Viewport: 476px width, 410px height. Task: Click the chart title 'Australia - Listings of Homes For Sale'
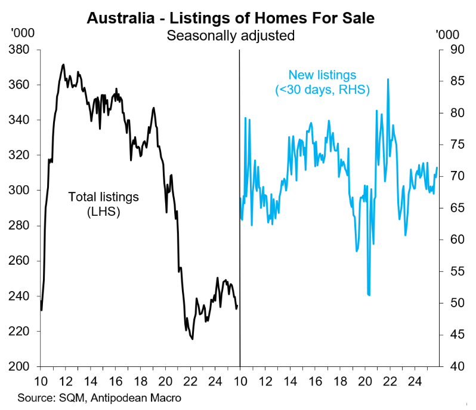(x=230, y=18)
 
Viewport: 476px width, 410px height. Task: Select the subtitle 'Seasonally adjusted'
(x=230, y=35)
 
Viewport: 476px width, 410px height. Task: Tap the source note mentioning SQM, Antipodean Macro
(x=99, y=397)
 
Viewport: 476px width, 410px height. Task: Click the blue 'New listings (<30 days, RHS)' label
(x=322, y=82)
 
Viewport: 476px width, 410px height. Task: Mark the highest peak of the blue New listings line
(x=388, y=79)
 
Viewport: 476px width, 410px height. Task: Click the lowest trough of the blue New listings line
(x=369, y=295)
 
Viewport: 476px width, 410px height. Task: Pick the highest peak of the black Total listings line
(x=63, y=65)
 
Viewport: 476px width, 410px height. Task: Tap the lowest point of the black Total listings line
(x=192, y=339)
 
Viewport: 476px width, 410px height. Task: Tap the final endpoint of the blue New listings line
(x=437, y=167)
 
